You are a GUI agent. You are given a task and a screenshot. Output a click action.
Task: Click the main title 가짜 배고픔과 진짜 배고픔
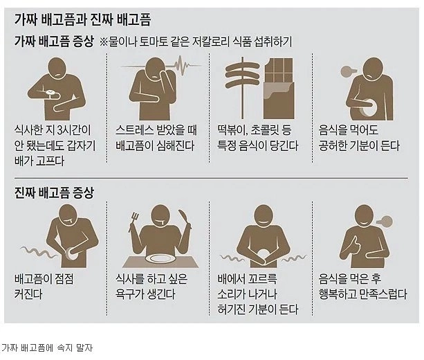(82, 19)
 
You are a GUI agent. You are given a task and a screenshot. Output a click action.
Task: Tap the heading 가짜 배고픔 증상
(54, 42)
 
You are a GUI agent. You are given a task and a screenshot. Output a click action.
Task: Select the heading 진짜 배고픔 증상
(54, 192)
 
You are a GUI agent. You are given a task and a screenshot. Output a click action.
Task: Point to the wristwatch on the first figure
(50, 93)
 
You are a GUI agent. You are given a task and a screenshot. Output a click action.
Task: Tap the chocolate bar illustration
(279, 89)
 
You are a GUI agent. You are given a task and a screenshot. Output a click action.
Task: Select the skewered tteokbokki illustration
(242, 87)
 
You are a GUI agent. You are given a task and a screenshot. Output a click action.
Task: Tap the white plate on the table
(160, 258)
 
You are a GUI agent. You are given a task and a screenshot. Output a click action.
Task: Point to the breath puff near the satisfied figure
(382, 221)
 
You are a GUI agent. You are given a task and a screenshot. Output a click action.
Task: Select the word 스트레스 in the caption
(134, 130)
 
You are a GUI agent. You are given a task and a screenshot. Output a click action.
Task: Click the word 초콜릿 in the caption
(264, 130)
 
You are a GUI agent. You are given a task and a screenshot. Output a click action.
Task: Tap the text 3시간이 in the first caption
(75, 130)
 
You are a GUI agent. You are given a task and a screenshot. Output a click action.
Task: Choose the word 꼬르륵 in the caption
(262, 279)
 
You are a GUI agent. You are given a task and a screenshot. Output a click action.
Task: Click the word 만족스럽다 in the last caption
(383, 294)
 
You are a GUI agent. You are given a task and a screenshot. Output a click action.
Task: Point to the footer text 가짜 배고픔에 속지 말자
(47, 348)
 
